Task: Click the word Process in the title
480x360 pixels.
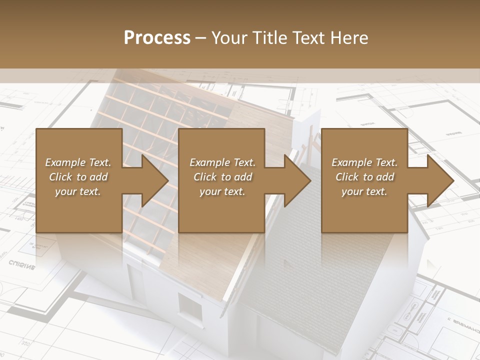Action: [x=157, y=38]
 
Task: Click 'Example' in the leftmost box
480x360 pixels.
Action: [x=64, y=162]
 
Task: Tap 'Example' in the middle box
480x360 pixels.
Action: [x=209, y=162]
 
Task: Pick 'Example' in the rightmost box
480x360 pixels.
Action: [x=351, y=162]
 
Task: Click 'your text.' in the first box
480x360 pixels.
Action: [x=78, y=191]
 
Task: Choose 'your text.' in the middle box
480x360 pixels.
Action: [x=222, y=191]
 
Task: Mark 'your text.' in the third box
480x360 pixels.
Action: [x=364, y=191]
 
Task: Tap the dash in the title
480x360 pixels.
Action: [x=201, y=38]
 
